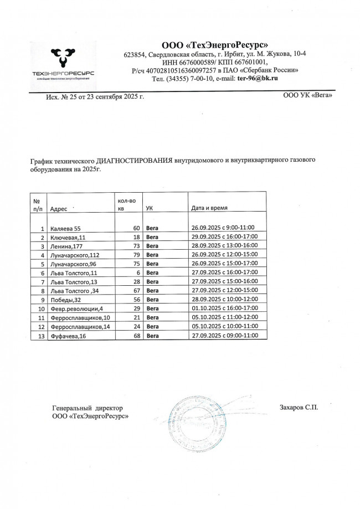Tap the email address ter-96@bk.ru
point(257,79)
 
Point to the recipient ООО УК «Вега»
point(307,95)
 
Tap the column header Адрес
point(58,209)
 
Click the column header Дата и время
point(209,208)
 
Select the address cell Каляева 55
point(65,228)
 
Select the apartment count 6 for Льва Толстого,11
point(136,273)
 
